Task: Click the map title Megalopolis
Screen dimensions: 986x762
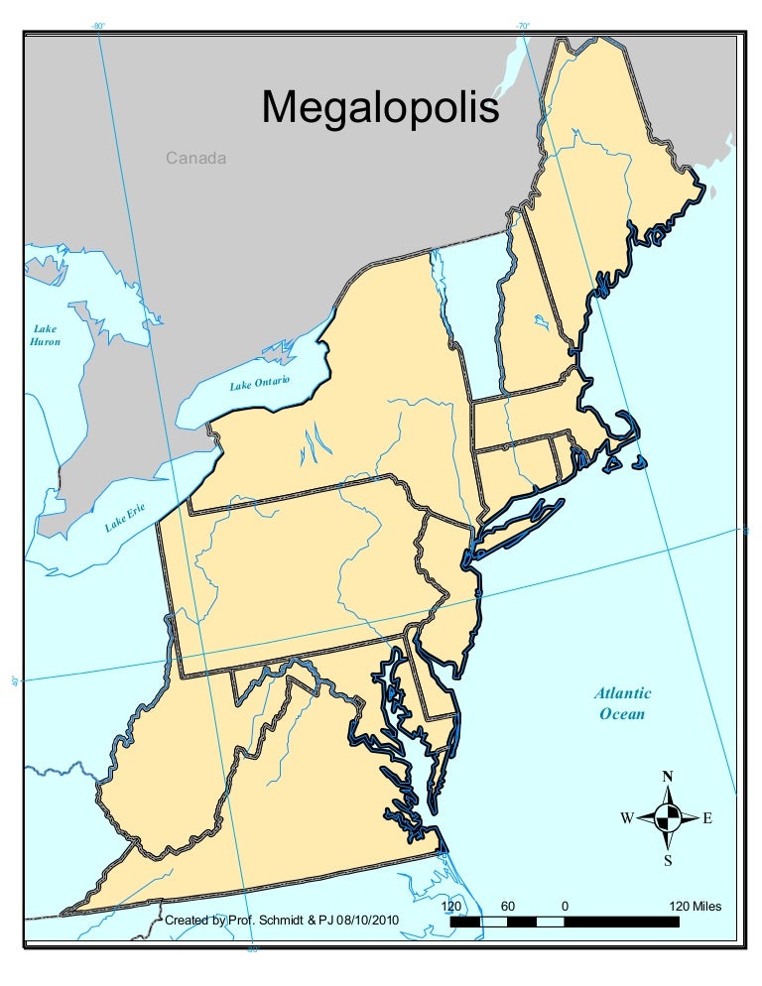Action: click(380, 107)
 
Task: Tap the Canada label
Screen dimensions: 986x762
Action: click(195, 158)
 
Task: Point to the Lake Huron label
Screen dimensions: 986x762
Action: click(46, 335)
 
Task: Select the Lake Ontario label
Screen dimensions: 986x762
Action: click(259, 383)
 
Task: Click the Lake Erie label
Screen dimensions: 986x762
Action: click(126, 517)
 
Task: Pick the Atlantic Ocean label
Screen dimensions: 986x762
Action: click(622, 703)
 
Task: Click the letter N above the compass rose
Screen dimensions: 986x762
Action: click(668, 777)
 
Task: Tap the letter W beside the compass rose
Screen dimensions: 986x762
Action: click(627, 818)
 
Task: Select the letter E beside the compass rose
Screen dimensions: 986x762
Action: click(707, 818)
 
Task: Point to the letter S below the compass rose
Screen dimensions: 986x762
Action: click(668, 860)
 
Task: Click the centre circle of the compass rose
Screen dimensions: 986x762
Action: click(668, 818)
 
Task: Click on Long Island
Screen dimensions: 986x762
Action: click(521, 527)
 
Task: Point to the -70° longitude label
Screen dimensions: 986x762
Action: click(522, 25)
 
